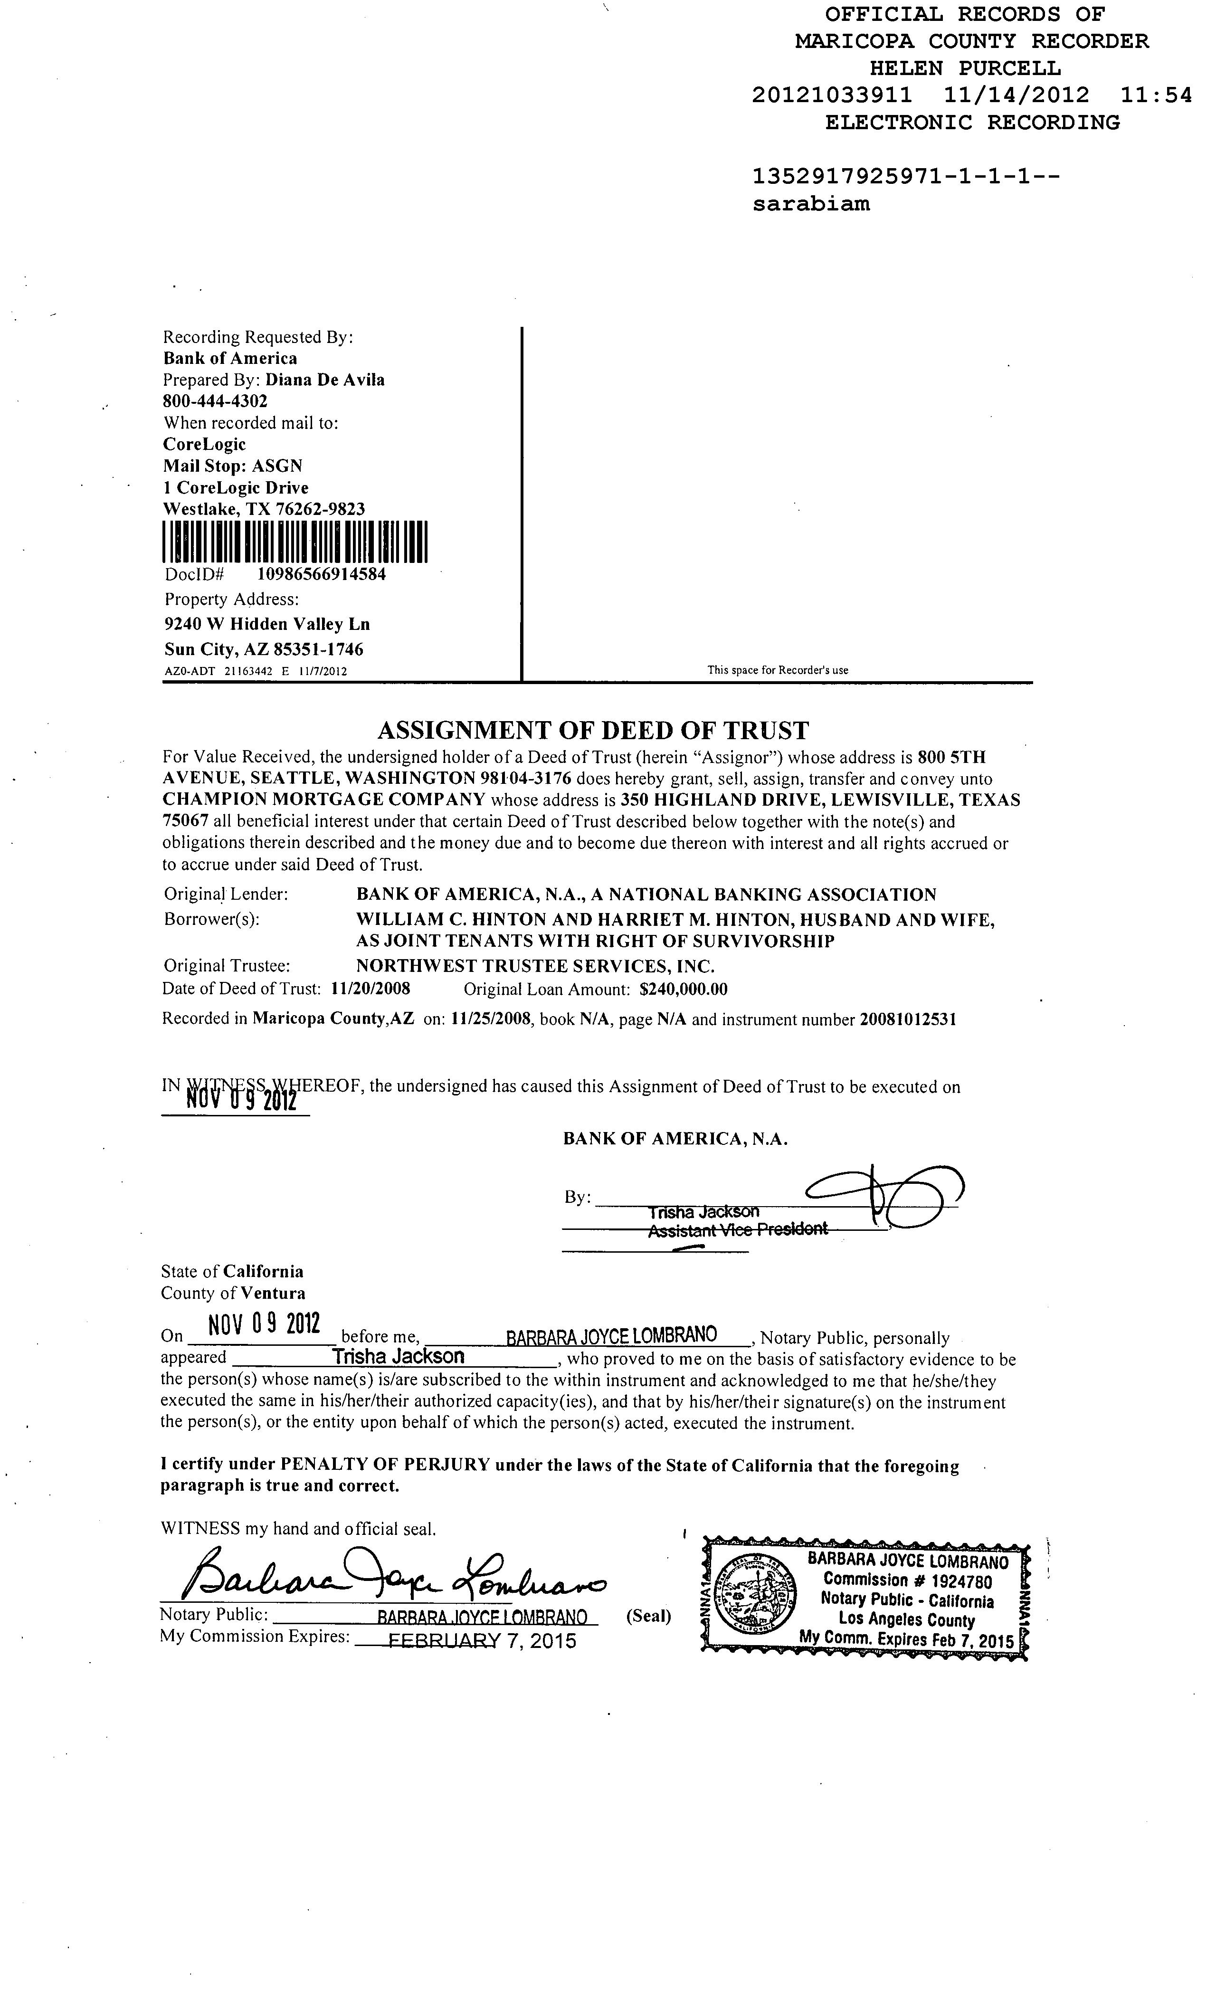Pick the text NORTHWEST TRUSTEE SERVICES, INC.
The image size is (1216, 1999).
534,966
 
